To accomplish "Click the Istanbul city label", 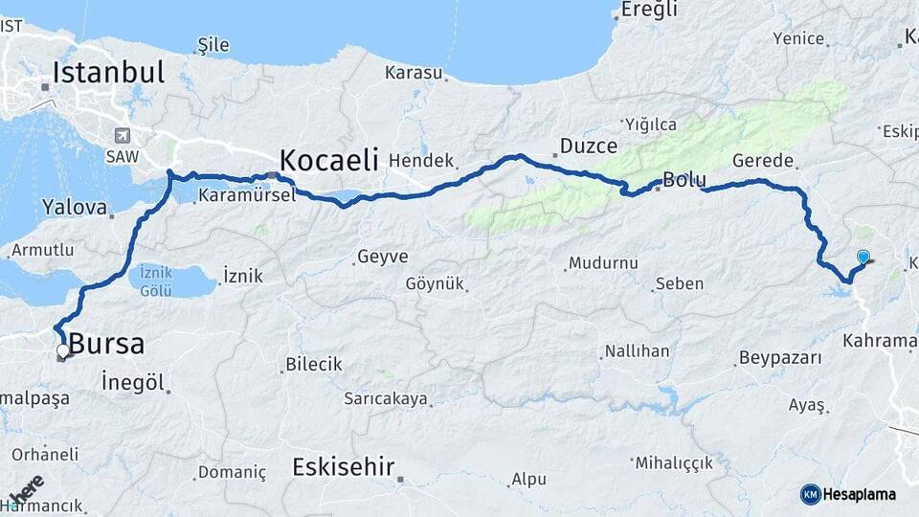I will (x=108, y=73).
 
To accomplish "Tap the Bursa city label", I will (x=106, y=344).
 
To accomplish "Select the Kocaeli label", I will (x=328, y=158).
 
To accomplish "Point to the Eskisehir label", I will (x=343, y=467).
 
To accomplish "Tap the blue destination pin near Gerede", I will (x=863, y=257).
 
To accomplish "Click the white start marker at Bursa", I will (x=63, y=351).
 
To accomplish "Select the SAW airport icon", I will (x=122, y=136).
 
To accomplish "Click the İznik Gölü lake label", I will (x=156, y=279).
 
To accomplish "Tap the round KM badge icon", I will (x=810, y=494).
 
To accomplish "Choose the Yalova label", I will (x=75, y=207).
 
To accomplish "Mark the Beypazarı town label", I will (x=780, y=358).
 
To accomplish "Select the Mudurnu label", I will (x=602, y=262).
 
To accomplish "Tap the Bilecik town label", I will (x=314, y=365).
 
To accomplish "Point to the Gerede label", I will (x=762, y=160).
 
